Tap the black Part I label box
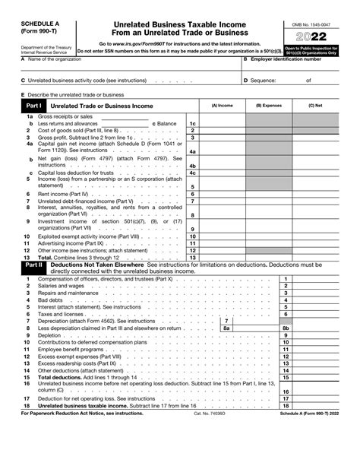point(34,106)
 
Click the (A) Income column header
point(223,106)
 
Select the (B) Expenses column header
point(269,106)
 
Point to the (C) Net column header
point(315,106)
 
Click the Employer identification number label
point(292,59)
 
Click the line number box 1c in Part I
point(193,123)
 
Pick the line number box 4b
point(193,165)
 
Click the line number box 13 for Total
point(193,257)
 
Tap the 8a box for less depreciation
point(226,328)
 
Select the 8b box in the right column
point(286,328)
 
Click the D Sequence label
point(262,80)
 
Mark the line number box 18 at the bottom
point(286,405)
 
